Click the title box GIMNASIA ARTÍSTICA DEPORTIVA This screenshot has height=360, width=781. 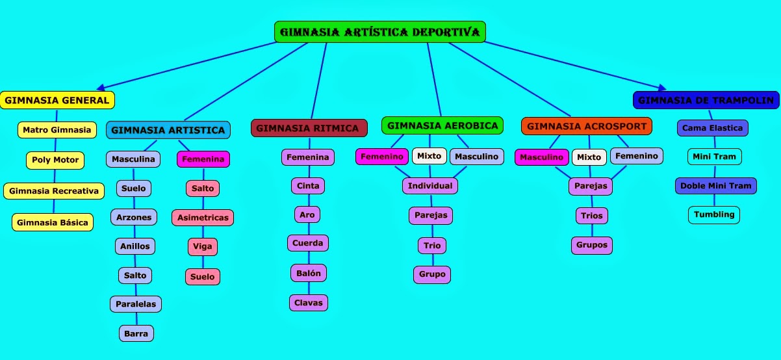tap(380, 32)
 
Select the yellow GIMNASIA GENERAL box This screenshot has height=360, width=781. tap(57, 100)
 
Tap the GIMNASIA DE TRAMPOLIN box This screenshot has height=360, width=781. tap(706, 100)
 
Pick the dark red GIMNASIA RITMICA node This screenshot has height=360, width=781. tap(309, 128)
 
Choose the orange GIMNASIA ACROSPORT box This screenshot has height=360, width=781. tap(586, 126)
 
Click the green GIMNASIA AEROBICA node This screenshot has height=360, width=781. tap(442, 125)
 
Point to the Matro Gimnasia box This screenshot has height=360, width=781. tap(57, 130)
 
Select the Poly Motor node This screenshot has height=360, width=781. tap(55, 160)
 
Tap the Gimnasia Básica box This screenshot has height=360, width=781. tap(53, 222)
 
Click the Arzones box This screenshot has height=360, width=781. tap(134, 217)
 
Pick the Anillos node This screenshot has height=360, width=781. tap(134, 246)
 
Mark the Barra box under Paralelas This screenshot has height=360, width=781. tap(136, 333)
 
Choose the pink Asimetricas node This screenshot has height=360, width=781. tap(203, 218)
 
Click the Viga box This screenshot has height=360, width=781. tap(203, 247)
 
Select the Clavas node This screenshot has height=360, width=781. tap(308, 303)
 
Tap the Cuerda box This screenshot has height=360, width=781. tap(307, 243)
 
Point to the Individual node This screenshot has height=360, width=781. tap(429, 186)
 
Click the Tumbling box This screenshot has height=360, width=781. tap(713, 214)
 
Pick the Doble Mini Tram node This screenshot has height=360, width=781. tap(715, 186)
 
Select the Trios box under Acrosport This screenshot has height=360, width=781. tap(591, 215)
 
